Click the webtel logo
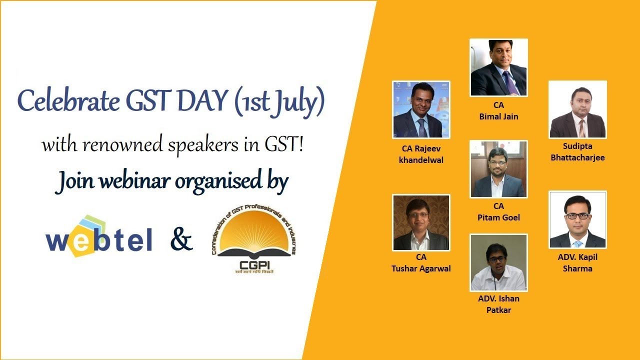[99, 236]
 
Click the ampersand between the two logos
[181, 240]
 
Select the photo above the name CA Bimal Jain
[498, 67]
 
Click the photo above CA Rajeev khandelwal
[421, 109]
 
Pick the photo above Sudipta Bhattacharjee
[577, 109]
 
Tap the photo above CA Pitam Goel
[498, 169]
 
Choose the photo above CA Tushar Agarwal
[421, 222]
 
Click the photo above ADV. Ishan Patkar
[498, 262]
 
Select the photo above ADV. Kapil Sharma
[577, 219]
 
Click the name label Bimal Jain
[498, 116]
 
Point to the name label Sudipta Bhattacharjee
[577, 152]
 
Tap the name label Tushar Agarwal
[421, 268]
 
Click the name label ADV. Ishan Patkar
[498, 304]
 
